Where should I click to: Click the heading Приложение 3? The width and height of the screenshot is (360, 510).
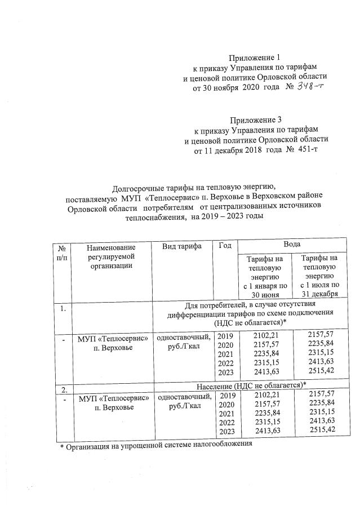click(x=255, y=120)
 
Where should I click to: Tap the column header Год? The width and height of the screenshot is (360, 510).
click(x=224, y=246)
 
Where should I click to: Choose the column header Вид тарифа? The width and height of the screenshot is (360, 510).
click(x=177, y=246)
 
